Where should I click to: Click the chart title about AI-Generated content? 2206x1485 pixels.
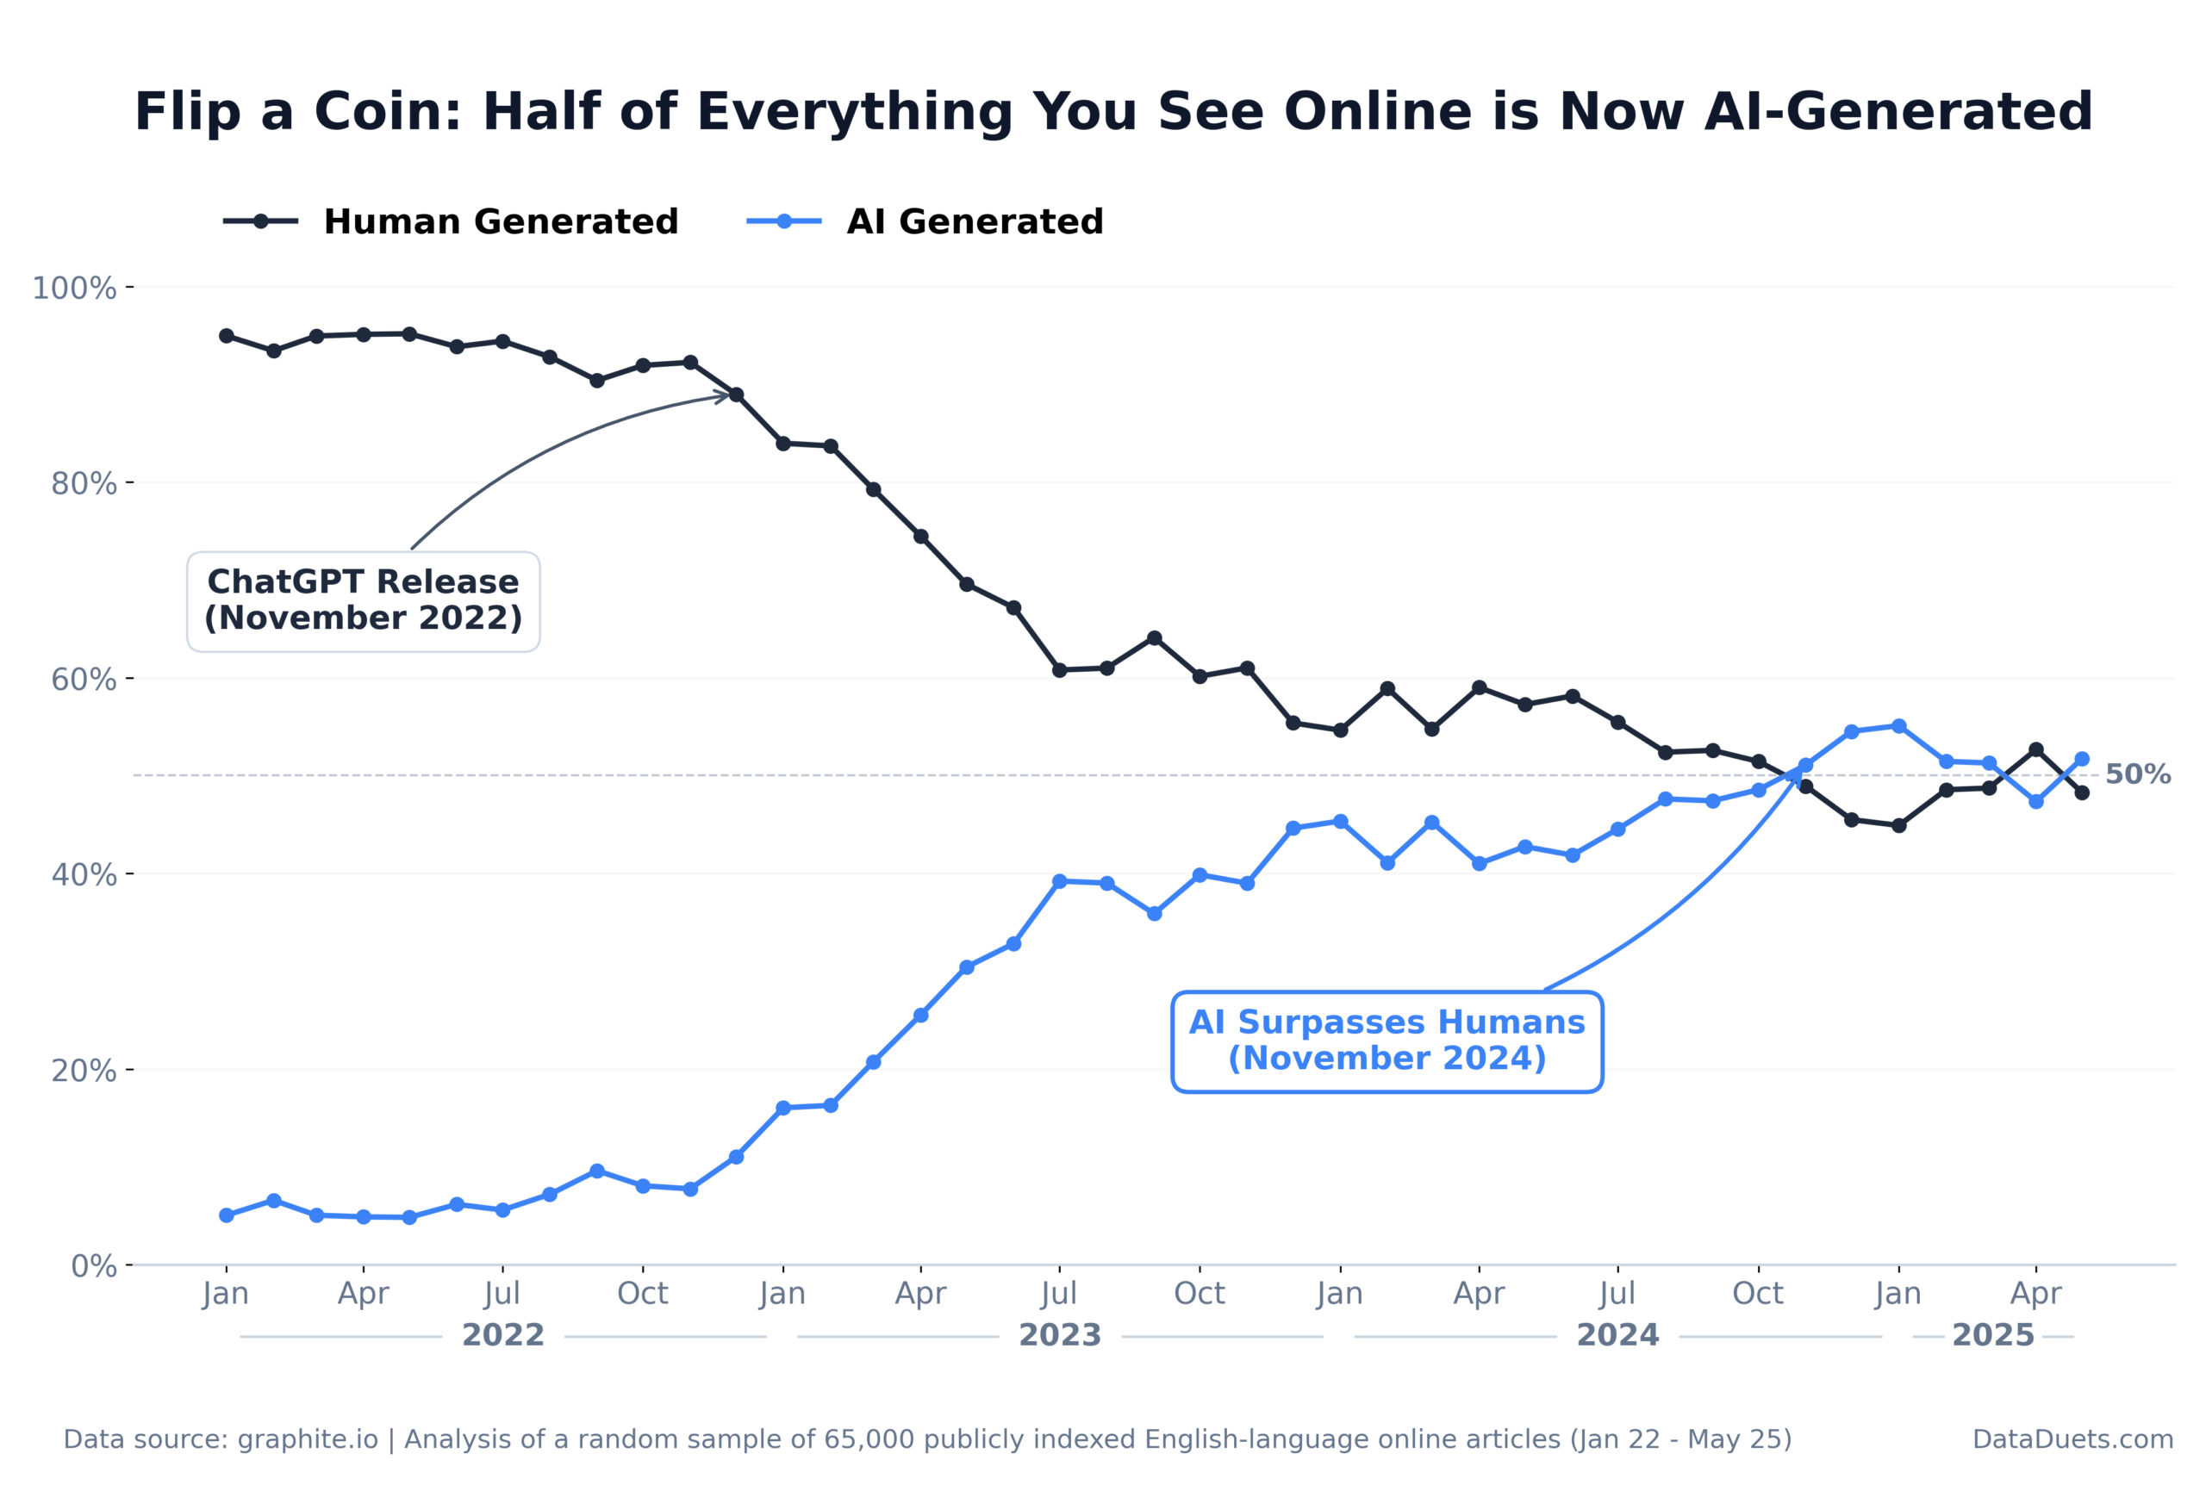click(x=1113, y=112)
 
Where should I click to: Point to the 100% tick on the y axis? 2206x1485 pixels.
click(x=75, y=288)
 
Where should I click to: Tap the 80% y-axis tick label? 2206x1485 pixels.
click(x=84, y=484)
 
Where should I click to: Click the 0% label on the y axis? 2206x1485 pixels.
click(x=94, y=1266)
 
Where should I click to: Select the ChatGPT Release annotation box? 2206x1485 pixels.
click(x=363, y=600)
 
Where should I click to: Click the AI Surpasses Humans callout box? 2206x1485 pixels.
click(x=1386, y=1041)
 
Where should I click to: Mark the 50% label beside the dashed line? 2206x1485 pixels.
click(x=2137, y=774)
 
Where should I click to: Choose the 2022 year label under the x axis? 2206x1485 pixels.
click(x=502, y=1335)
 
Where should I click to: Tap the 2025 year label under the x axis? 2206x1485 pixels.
click(x=1992, y=1335)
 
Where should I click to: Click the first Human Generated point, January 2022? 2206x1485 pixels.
click(x=227, y=336)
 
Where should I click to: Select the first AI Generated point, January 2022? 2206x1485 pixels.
click(x=227, y=1215)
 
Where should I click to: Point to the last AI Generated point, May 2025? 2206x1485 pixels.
click(x=2081, y=759)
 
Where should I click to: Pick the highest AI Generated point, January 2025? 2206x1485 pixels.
click(x=1898, y=725)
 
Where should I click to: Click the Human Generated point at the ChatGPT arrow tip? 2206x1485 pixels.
click(x=736, y=395)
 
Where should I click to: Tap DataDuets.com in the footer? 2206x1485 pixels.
click(x=2072, y=1439)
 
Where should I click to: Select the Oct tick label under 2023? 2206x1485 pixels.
click(x=1200, y=1294)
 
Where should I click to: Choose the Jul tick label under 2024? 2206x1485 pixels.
click(x=1617, y=1294)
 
